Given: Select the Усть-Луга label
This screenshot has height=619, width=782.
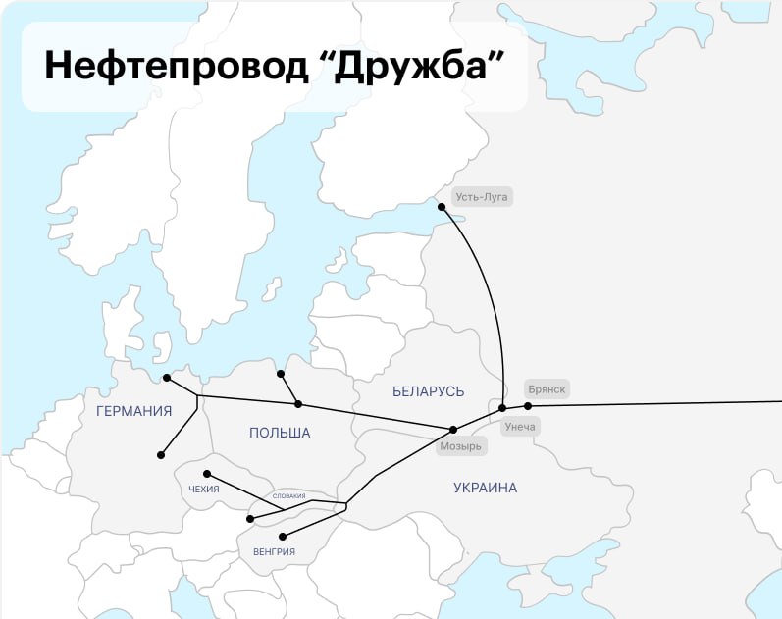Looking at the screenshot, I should click(482, 197).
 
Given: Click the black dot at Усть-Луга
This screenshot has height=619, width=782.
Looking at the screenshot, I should click(442, 207).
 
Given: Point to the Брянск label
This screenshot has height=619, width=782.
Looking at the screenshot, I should click(547, 389).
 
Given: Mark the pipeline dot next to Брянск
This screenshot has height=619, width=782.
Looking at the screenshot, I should click(528, 406).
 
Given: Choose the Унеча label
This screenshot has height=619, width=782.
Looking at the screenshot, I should click(519, 427).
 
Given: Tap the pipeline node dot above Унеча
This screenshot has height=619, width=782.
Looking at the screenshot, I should click(502, 407).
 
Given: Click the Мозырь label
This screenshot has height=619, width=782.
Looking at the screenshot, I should click(461, 446).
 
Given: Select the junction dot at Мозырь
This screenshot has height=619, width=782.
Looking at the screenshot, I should click(452, 430).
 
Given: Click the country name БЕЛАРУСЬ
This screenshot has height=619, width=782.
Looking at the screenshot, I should click(428, 391).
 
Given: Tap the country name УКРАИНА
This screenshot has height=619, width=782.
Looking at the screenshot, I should click(485, 488).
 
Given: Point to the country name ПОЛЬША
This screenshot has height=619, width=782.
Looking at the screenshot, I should click(280, 433).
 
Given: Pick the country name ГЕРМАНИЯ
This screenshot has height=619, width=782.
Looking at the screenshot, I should click(134, 411).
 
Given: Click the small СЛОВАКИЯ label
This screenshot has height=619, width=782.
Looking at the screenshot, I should click(288, 496).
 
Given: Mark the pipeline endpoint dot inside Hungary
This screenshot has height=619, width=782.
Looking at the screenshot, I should click(283, 537).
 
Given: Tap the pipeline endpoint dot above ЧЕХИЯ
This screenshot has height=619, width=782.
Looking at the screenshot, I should click(206, 474).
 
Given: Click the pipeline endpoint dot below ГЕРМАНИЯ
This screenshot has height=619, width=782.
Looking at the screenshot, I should click(161, 455).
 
